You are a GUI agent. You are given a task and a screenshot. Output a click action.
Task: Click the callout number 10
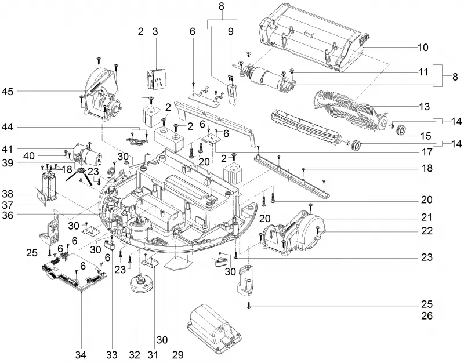coord(423,48)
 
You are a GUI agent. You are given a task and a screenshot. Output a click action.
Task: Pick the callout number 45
coord(8,92)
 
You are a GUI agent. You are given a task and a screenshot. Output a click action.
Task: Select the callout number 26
coord(426,315)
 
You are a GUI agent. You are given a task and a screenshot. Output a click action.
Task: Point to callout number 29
coord(177,354)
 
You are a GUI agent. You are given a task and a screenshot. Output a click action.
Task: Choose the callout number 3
coord(155,32)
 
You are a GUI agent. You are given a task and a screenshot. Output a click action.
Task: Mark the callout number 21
coord(426,217)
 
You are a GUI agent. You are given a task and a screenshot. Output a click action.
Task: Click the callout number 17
coord(426,152)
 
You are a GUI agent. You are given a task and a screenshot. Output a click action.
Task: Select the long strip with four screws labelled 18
coord(292,175)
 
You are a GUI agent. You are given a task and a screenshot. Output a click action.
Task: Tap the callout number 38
coord(8,194)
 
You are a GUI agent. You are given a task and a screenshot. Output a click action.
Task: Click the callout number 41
coord(8,149)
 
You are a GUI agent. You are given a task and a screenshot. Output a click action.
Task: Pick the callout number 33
coord(112,354)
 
